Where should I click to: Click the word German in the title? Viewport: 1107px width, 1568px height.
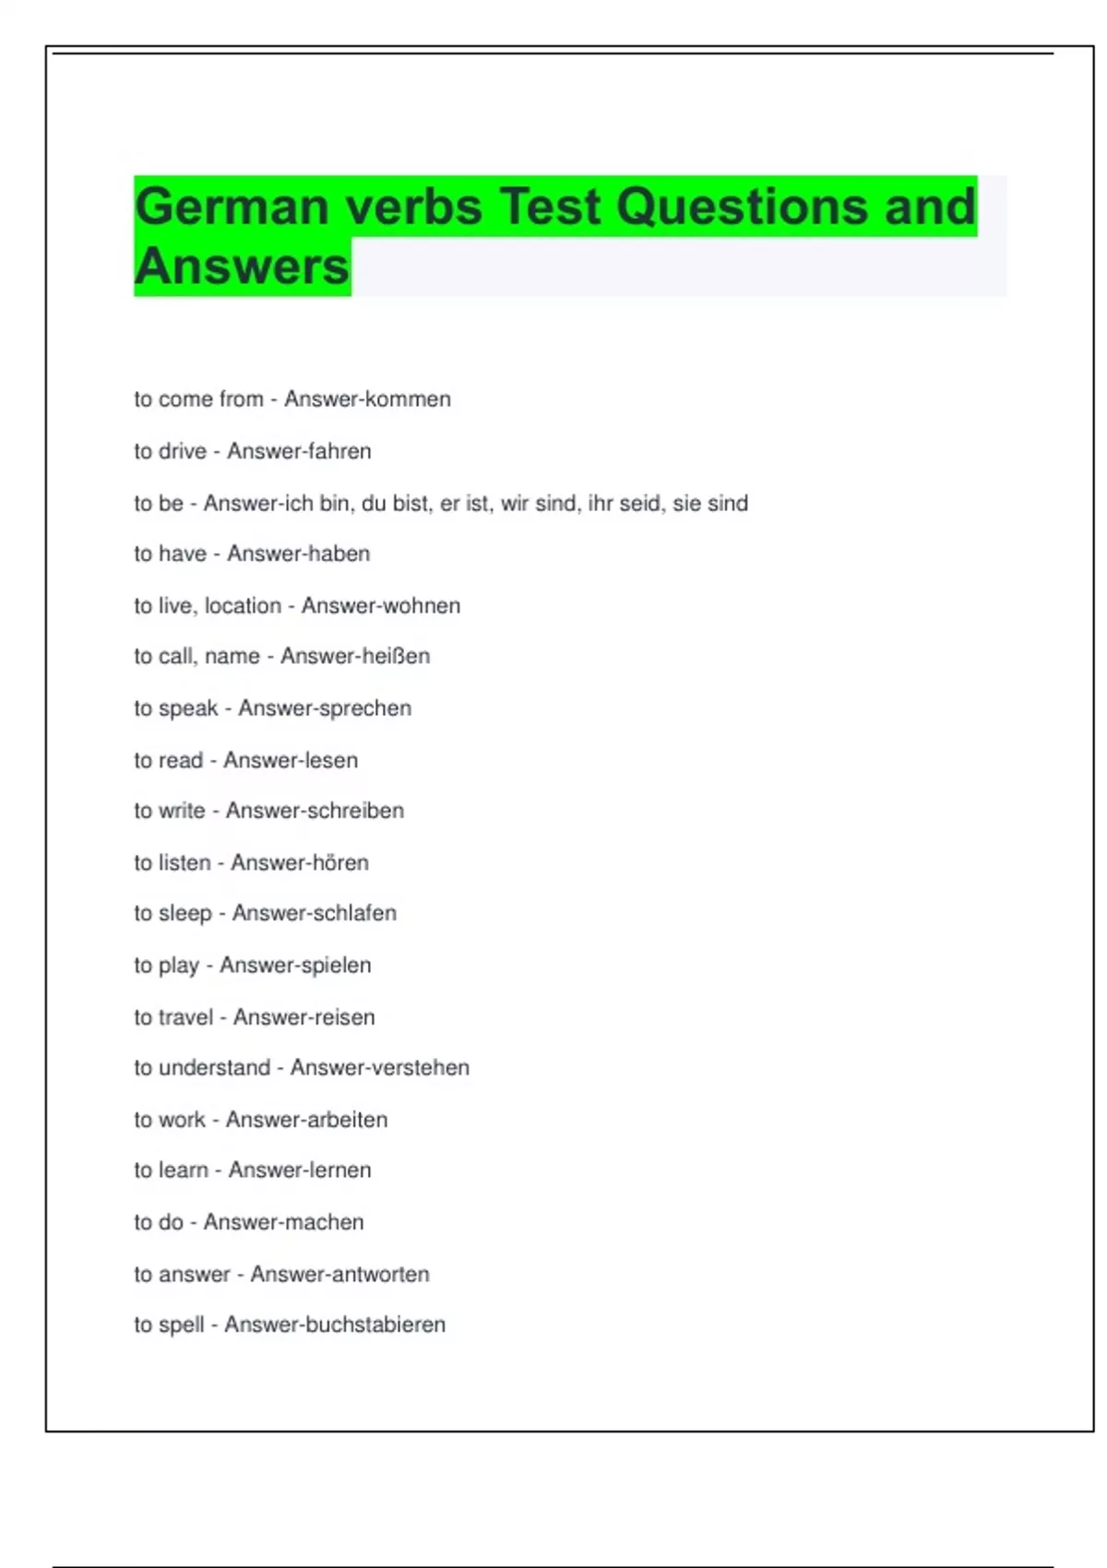point(232,206)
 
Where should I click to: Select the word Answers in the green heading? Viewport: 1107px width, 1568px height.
point(242,267)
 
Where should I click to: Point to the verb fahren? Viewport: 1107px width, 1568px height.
point(340,451)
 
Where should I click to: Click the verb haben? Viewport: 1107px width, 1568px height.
point(339,553)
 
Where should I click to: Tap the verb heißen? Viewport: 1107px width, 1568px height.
point(398,656)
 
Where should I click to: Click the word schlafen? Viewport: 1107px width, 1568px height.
point(353,913)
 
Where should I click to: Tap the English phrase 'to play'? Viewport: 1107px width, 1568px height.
point(167,966)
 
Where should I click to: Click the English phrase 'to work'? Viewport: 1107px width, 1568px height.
point(170,1120)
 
